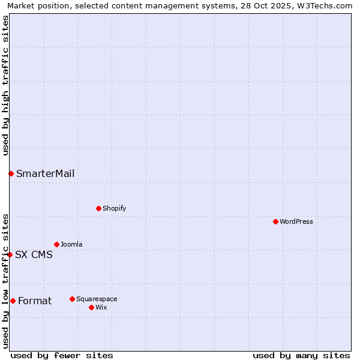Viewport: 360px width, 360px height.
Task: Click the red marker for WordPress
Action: click(x=275, y=221)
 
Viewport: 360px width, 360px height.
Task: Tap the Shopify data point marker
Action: click(x=98, y=208)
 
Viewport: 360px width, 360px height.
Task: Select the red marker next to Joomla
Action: click(x=56, y=244)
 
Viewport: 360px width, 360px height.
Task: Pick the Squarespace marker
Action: click(x=72, y=299)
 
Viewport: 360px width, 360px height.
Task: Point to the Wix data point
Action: click(x=91, y=307)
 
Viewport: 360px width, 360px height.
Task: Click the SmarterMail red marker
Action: click(x=11, y=173)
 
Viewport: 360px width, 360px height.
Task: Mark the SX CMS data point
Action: click(x=10, y=254)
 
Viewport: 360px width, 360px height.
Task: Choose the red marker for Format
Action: click(x=13, y=301)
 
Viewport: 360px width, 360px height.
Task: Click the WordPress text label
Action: click(x=296, y=221)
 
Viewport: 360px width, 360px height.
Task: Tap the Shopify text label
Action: click(x=114, y=208)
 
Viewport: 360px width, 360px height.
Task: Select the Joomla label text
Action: click(x=71, y=244)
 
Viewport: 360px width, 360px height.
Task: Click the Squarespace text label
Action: click(x=97, y=299)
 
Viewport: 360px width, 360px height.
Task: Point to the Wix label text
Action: click(x=101, y=307)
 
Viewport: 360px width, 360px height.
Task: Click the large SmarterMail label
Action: click(x=46, y=174)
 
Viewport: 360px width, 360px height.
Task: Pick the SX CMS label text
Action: click(x=34, y=254)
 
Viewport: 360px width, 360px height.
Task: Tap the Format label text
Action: click(x=35, y=301)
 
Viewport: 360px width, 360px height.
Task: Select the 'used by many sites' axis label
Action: click(x=301, y=355)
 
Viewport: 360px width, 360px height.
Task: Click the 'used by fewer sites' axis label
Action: click(x=62, y=355)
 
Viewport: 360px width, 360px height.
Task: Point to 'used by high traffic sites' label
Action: click(x=5, y=85)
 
